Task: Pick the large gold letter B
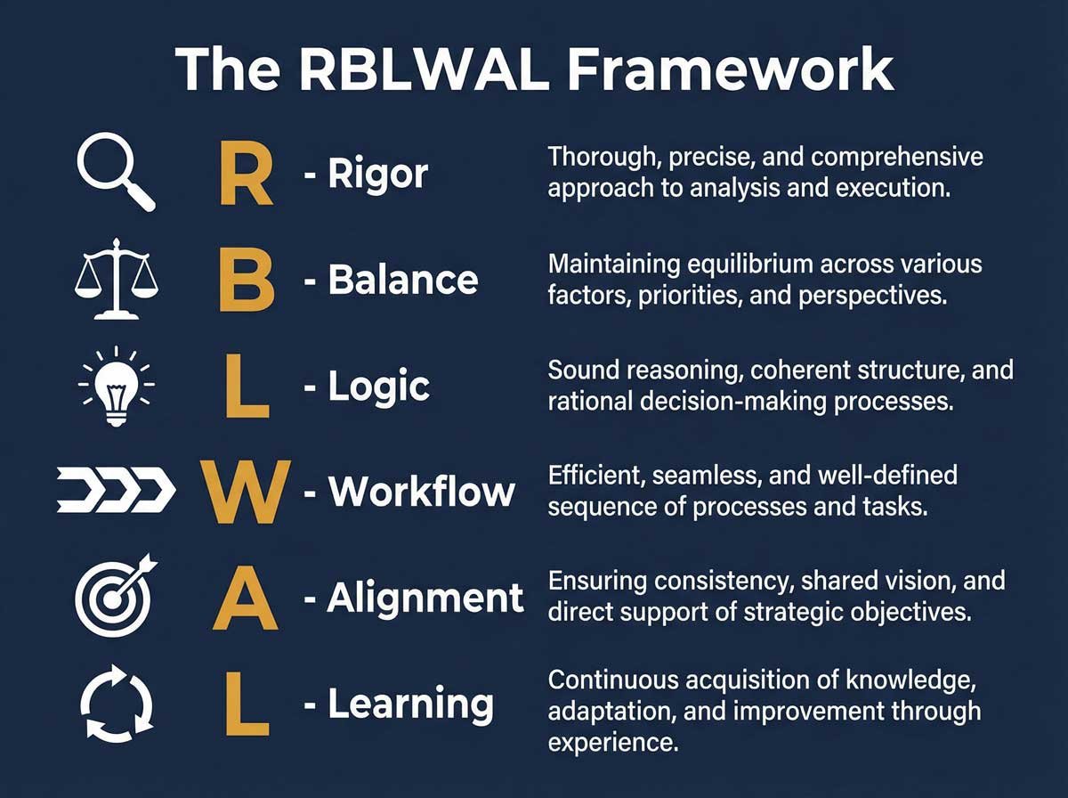tap(245, 281)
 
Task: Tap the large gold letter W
tap(245, 491)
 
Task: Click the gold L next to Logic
tap(245, 388)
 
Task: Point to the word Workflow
tap(422, 492)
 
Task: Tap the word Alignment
tap(426, 598)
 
